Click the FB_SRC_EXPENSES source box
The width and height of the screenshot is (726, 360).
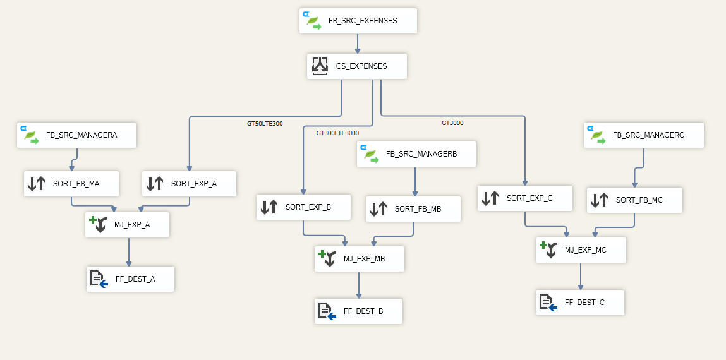[358, 21]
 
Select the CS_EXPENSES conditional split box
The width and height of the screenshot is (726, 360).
[357, 66]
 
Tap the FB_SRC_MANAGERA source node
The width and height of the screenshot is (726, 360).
[77, 135]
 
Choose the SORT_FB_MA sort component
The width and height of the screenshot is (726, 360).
[71, 184]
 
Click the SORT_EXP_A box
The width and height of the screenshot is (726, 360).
[190, 184]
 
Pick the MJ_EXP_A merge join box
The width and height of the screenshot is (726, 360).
[127, 225]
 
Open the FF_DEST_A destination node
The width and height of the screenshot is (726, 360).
[130, 279]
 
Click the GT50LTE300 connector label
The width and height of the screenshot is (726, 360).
[265, 124]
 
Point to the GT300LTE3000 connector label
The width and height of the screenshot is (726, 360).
[337, 133]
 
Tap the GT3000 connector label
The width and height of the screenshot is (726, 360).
[452, 123]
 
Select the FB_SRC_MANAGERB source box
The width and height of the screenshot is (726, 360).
[416, 154]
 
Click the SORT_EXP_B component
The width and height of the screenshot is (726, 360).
[303, 207]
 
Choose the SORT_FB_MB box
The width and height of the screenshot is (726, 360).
[413, 209]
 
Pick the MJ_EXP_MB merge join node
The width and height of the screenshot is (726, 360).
[359, 259]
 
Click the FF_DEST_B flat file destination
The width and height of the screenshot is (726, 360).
[358, 311]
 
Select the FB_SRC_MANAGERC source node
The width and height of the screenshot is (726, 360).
[643, 135]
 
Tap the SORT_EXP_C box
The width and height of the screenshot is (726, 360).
[525, 198]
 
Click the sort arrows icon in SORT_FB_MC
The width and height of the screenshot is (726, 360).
[600, 200]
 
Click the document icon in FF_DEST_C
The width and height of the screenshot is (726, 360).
[547, 303]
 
